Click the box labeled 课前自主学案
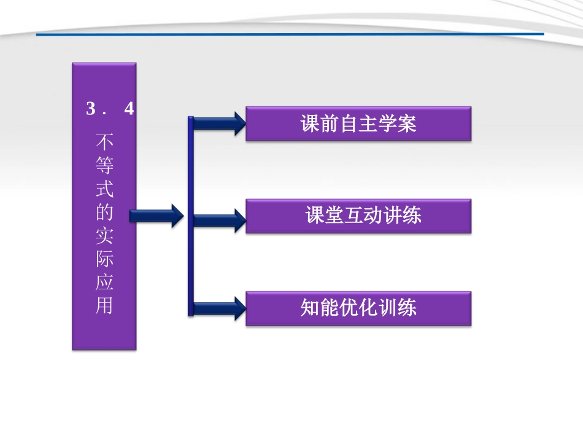pos(358,123)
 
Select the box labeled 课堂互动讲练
pos(358,216)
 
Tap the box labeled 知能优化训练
pos(358,308)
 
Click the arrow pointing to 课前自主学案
pos(220,124)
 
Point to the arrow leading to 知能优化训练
pos(220,308)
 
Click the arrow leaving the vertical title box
pos(157,216)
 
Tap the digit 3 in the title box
pos(92,109)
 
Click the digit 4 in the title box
pos(129,109)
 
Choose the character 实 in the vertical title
pos(104,237)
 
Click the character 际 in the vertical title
pos(104,259)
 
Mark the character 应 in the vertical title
pos(104,283)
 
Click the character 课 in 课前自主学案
pos(310,124)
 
